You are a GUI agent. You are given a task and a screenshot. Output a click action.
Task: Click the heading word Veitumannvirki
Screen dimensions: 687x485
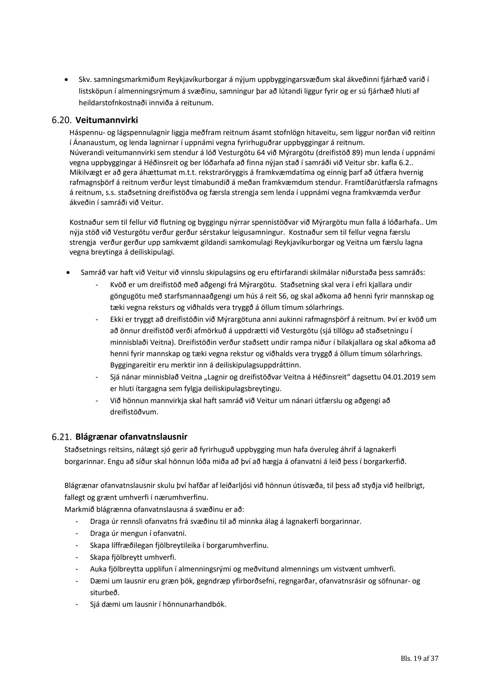(107, 121)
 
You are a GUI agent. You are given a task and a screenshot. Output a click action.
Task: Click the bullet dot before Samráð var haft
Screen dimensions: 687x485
(68, 273)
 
